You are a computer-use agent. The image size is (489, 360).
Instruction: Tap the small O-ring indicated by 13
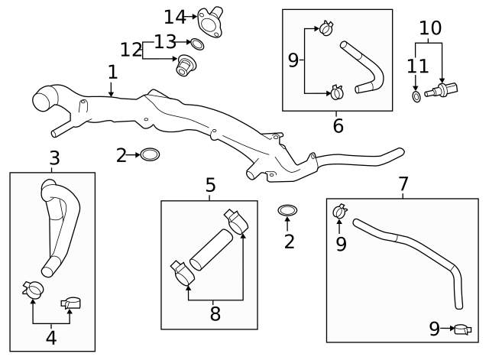click(196, 43)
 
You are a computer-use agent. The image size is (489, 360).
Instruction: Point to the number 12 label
click(131, 50)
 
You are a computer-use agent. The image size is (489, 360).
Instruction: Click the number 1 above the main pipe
click(112, 73)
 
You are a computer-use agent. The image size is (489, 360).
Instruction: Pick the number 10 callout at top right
click(430, 28)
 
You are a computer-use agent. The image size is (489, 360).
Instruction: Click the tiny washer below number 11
click(415, 97)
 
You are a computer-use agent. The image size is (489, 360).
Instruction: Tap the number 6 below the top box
click(338, 125)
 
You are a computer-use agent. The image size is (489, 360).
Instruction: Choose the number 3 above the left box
click(54, 159)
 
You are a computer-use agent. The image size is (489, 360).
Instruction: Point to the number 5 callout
click(210, 186)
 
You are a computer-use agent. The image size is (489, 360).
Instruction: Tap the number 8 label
click(215, 314)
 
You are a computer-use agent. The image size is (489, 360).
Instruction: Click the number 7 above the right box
click(403, 184)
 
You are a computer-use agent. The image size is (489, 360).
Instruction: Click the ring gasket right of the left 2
click(151, 155)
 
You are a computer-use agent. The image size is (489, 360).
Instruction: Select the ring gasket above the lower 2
click(287, 209)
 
